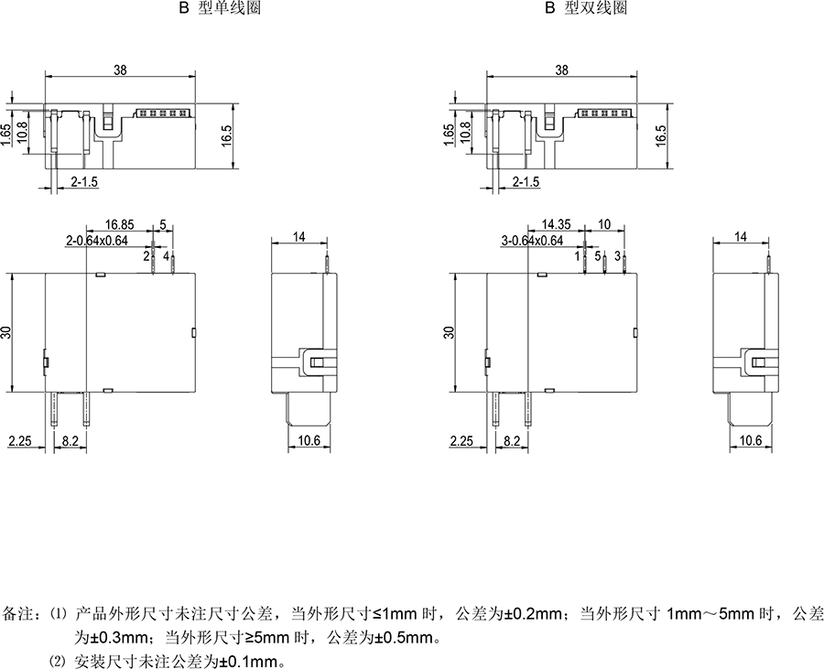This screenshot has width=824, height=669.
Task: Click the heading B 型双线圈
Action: click(x=585, y=7)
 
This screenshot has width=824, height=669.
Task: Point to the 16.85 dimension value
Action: click(x=121, y=223)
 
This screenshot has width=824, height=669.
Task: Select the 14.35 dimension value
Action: click(x=558, y=223)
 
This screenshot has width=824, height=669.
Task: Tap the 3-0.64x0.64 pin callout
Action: click(x=537, y=240)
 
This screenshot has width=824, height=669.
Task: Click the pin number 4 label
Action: click(x=166, y=257)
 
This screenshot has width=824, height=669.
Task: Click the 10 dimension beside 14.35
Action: click(x=604, y=223)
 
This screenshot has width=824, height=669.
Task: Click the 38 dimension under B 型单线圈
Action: click(x=120, y=70)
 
